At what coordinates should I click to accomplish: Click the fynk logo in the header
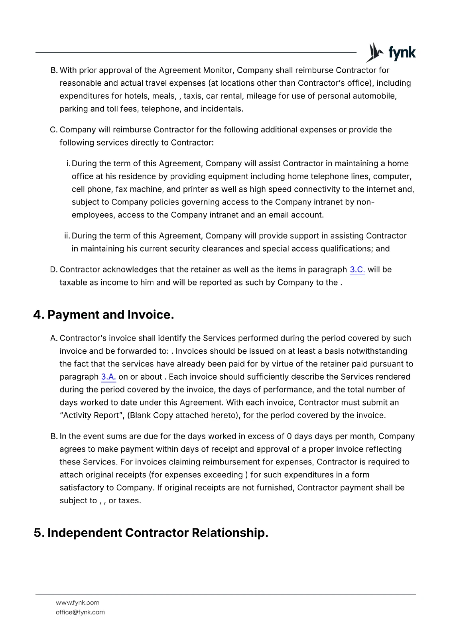click(391, 53)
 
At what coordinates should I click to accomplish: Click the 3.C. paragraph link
click(357, 270)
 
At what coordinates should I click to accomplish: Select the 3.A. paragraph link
click(108, 377)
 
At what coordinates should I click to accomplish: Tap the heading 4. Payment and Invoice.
click(104, 315)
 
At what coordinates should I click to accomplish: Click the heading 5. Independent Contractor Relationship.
click(151, 533)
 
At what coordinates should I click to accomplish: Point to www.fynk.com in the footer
click(77, 603)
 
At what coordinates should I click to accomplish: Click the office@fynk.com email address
click(80, 612)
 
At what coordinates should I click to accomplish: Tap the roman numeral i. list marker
click(68, 164)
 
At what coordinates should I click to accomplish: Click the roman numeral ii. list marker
click(67, 236)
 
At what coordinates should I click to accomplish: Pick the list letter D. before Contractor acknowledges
click(54, 270)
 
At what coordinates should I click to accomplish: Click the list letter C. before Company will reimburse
click(54, 130)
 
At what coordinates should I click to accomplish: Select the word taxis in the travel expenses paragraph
click(193, 96)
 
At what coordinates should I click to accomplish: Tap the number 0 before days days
click(289, 437)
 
